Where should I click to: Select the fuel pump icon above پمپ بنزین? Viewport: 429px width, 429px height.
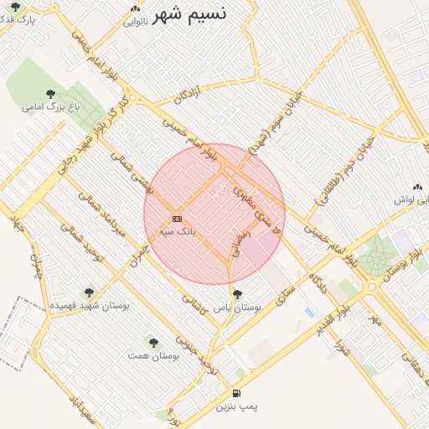click(236, 394)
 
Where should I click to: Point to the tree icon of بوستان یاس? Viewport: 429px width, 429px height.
click(238, 294)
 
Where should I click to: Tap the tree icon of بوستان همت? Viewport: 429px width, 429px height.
click(152, 342)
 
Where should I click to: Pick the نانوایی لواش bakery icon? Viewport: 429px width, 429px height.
click(417, 188)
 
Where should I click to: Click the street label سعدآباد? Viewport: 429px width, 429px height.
click(80, 410)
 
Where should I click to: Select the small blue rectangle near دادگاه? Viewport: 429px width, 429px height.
click(309, 313)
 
